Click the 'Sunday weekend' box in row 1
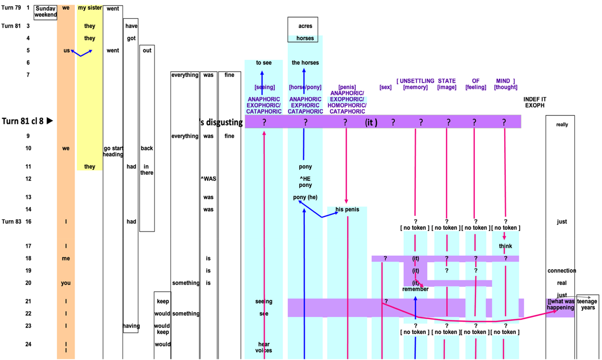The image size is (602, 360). (x=45, y=12)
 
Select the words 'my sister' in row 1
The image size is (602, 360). (x=90, y=8)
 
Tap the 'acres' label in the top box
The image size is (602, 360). (x=305, y=26)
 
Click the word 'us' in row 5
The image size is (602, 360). (x=66, y=51)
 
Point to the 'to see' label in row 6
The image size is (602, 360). (x=264, y=63)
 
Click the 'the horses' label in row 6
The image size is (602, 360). (x=305, y=63)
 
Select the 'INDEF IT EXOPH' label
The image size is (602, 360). (x=535, y=102)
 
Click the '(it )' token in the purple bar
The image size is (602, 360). (x=371, y=122)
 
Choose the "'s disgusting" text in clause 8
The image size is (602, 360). (x=221, y=122)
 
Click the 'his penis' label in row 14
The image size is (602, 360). (x=347, y=209)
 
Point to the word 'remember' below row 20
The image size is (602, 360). (x=415, y=289)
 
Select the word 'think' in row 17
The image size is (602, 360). (x=505, y=246)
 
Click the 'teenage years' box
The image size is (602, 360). (x=588, y=304)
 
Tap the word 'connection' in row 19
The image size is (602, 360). (x=561, y=271)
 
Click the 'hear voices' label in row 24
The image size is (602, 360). (x=264, y=347)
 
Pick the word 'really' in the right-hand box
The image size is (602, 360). (x=562, y=125)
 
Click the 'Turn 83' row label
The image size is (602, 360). (x=11, y=222)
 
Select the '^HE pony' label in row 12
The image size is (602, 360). (x=305, y=182)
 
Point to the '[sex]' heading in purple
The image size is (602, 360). (x=385, y=87)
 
